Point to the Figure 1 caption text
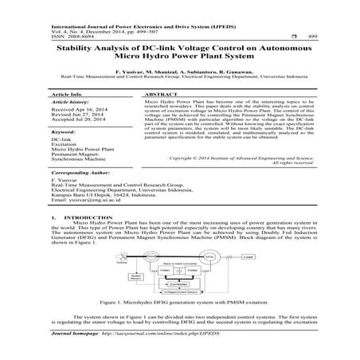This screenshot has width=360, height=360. (180, 303)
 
